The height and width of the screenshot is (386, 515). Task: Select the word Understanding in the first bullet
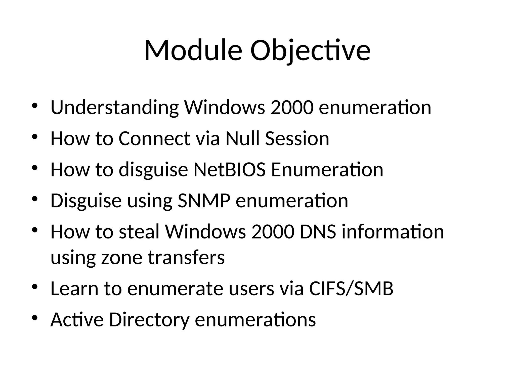coord(115,108)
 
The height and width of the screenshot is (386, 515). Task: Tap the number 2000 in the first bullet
coord(292,108)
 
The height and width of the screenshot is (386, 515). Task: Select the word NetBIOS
coord(229,170)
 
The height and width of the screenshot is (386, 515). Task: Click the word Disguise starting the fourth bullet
coord(86,201)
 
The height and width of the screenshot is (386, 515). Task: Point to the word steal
coord(139,232)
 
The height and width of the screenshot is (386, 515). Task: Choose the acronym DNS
coord(318,232)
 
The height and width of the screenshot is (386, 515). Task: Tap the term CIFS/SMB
coord(351,288)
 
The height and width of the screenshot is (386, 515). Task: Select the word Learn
coord(74,288)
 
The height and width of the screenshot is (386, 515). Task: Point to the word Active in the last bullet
coord(77,320)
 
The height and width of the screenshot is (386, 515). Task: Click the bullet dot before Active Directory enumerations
coord(35,318)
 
